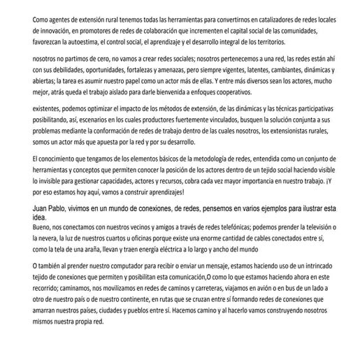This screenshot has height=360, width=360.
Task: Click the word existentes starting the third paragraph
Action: point(50,110)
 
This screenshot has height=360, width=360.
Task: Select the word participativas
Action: point(301,110)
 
